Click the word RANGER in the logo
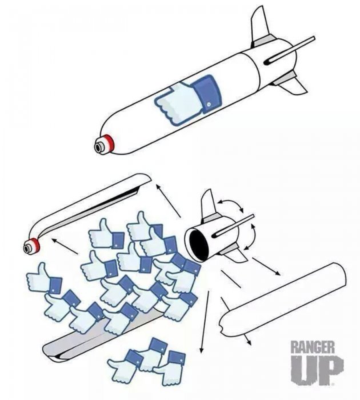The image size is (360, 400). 313,347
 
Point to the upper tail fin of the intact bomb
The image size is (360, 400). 260,27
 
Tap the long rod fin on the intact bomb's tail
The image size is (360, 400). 290,50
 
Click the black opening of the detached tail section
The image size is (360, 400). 199,245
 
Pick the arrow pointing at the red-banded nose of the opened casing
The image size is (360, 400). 65,246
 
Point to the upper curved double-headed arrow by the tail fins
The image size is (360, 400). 231,205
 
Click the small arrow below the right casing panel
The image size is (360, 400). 247,339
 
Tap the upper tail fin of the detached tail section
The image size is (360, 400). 208,205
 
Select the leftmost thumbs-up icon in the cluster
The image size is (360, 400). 44,279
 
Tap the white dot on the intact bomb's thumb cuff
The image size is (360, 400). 209,105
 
